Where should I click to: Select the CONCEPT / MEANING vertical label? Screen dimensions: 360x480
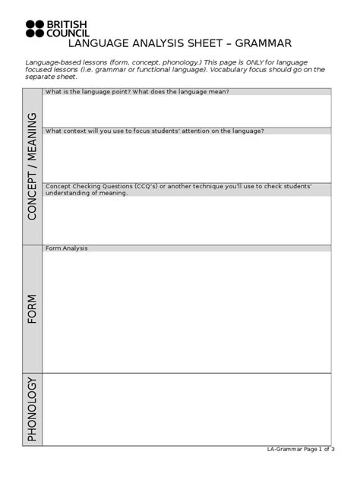[32, 166]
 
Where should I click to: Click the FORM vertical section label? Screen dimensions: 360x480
[32, 309]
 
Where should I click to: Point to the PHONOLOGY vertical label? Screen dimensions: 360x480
[32, 409]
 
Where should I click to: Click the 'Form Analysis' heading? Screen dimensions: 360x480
[68, 248]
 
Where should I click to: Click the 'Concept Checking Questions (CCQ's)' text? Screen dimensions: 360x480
[114, 186]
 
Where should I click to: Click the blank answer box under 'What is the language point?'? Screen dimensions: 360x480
[187, 111]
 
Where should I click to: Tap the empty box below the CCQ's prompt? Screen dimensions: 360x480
[187, 220]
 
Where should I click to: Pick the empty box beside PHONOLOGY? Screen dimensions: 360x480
[187, 409]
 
